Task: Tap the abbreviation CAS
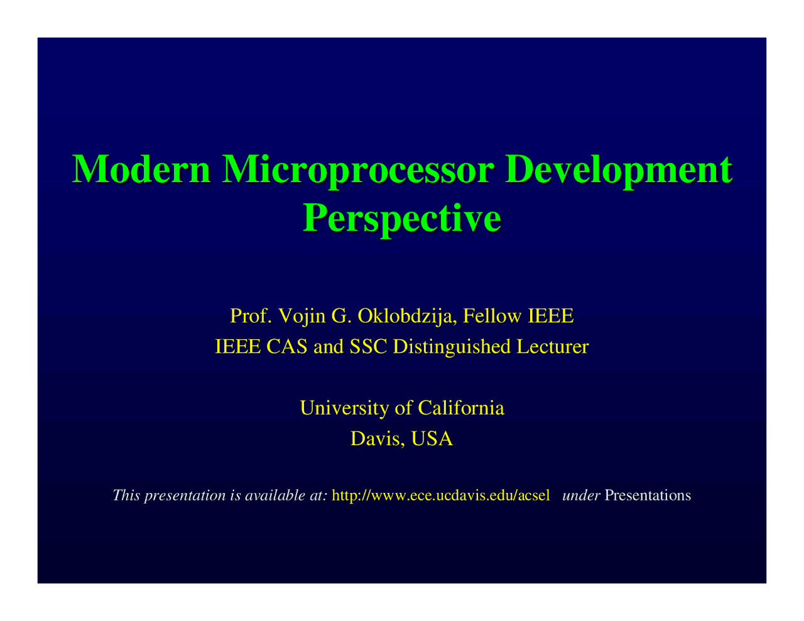(287, 347)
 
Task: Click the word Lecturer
(552, 347)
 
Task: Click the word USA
(432, 439)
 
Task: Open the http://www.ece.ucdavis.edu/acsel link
(440, 495)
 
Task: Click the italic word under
(582, 495)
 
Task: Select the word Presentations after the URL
(648, 495)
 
